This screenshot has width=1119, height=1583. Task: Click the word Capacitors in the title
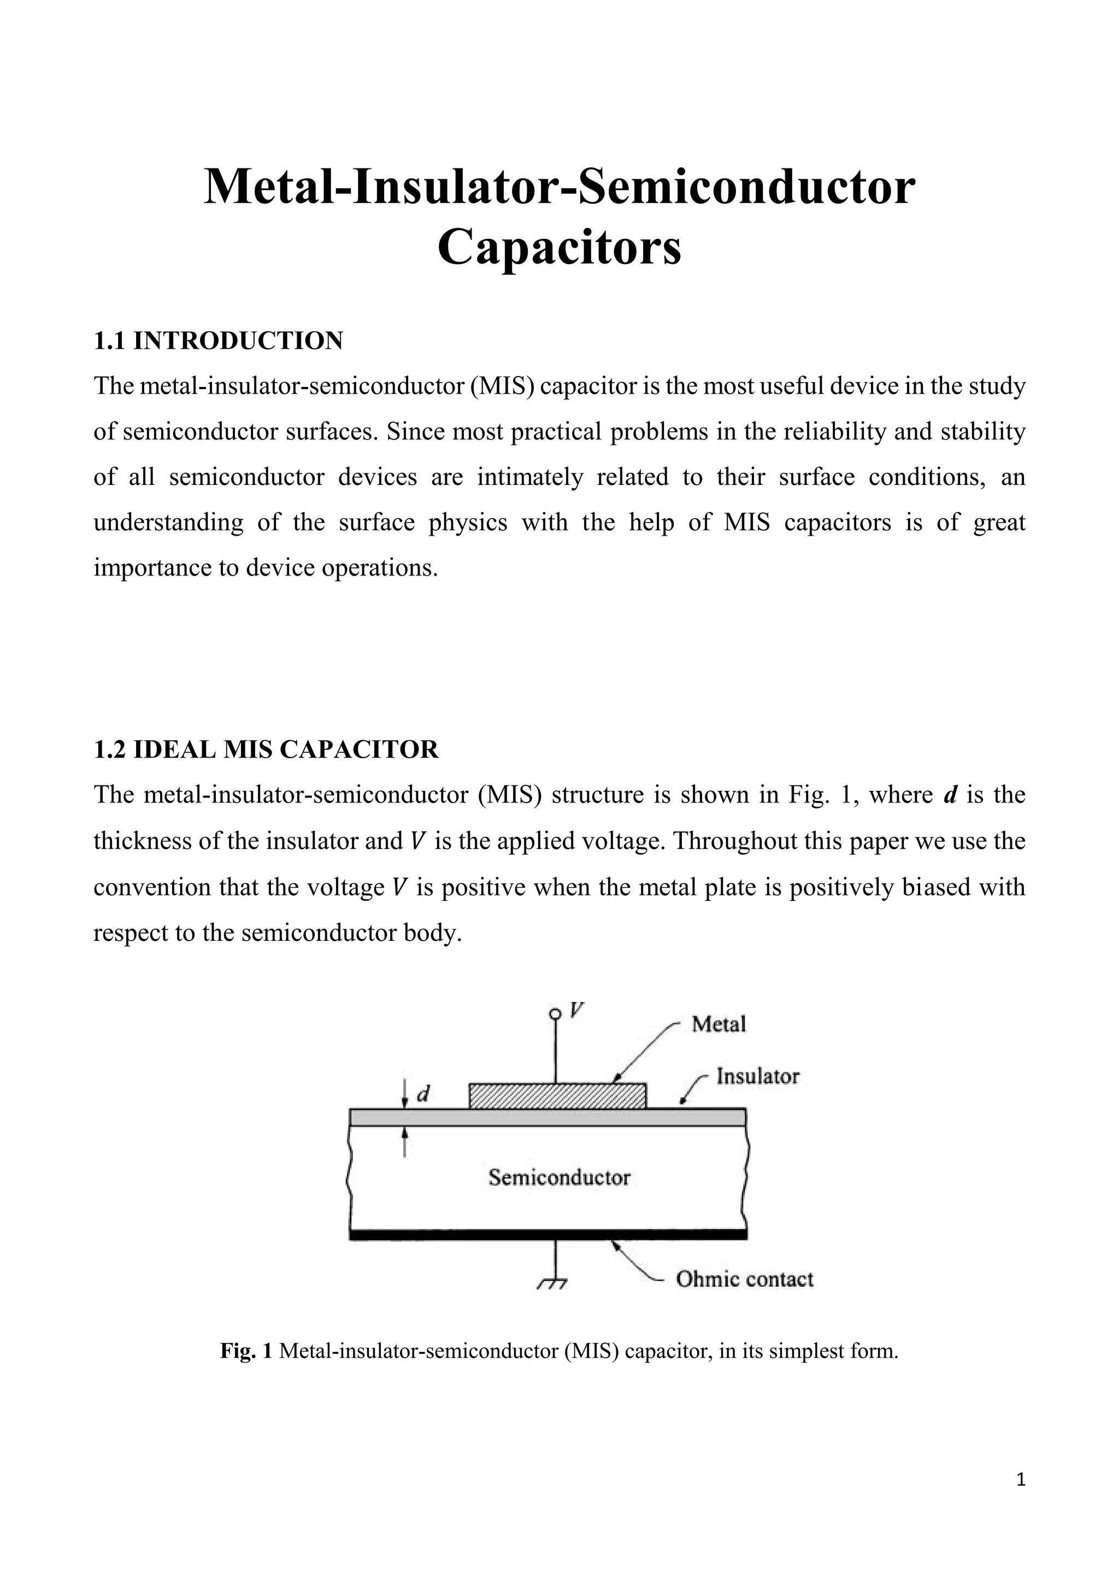559,248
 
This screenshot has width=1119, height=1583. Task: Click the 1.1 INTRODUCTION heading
218,341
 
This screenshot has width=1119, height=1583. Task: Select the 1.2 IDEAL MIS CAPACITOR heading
266,749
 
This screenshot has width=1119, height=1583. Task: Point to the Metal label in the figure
718,1024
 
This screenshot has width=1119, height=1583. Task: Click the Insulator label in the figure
758,1076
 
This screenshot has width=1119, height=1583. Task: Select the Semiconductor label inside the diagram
559,1177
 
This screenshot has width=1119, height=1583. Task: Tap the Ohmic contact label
744,1280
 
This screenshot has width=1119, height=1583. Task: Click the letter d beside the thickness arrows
425,1093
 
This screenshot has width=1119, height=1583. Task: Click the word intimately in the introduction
530,477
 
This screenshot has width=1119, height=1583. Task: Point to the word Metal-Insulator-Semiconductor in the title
559,187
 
